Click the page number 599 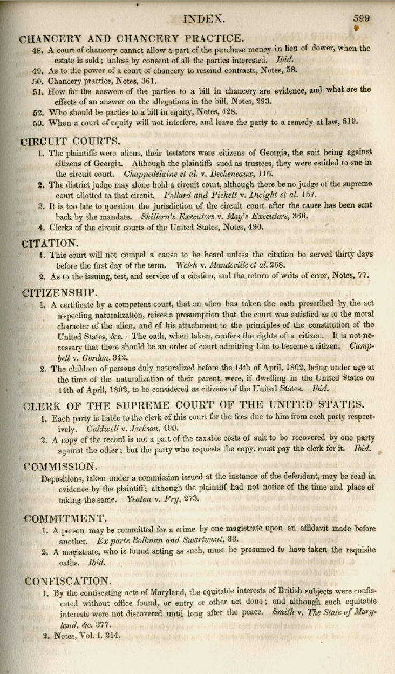tap(362, 18)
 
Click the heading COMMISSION tap(61, 465)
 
